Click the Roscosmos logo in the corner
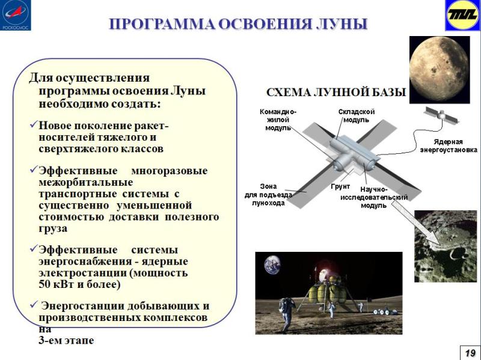(x=15, y=15)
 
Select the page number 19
(x=470, y=351)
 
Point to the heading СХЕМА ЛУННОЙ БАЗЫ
(x=336, y=94)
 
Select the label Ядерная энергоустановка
(x=448, y=146)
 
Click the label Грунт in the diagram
(x=340, y=187)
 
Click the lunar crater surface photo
(x=447, y=246)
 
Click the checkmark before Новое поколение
(x=33, y=126)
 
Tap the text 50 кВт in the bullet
(x=57, y=284)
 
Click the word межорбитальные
(x=86, y=182)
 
